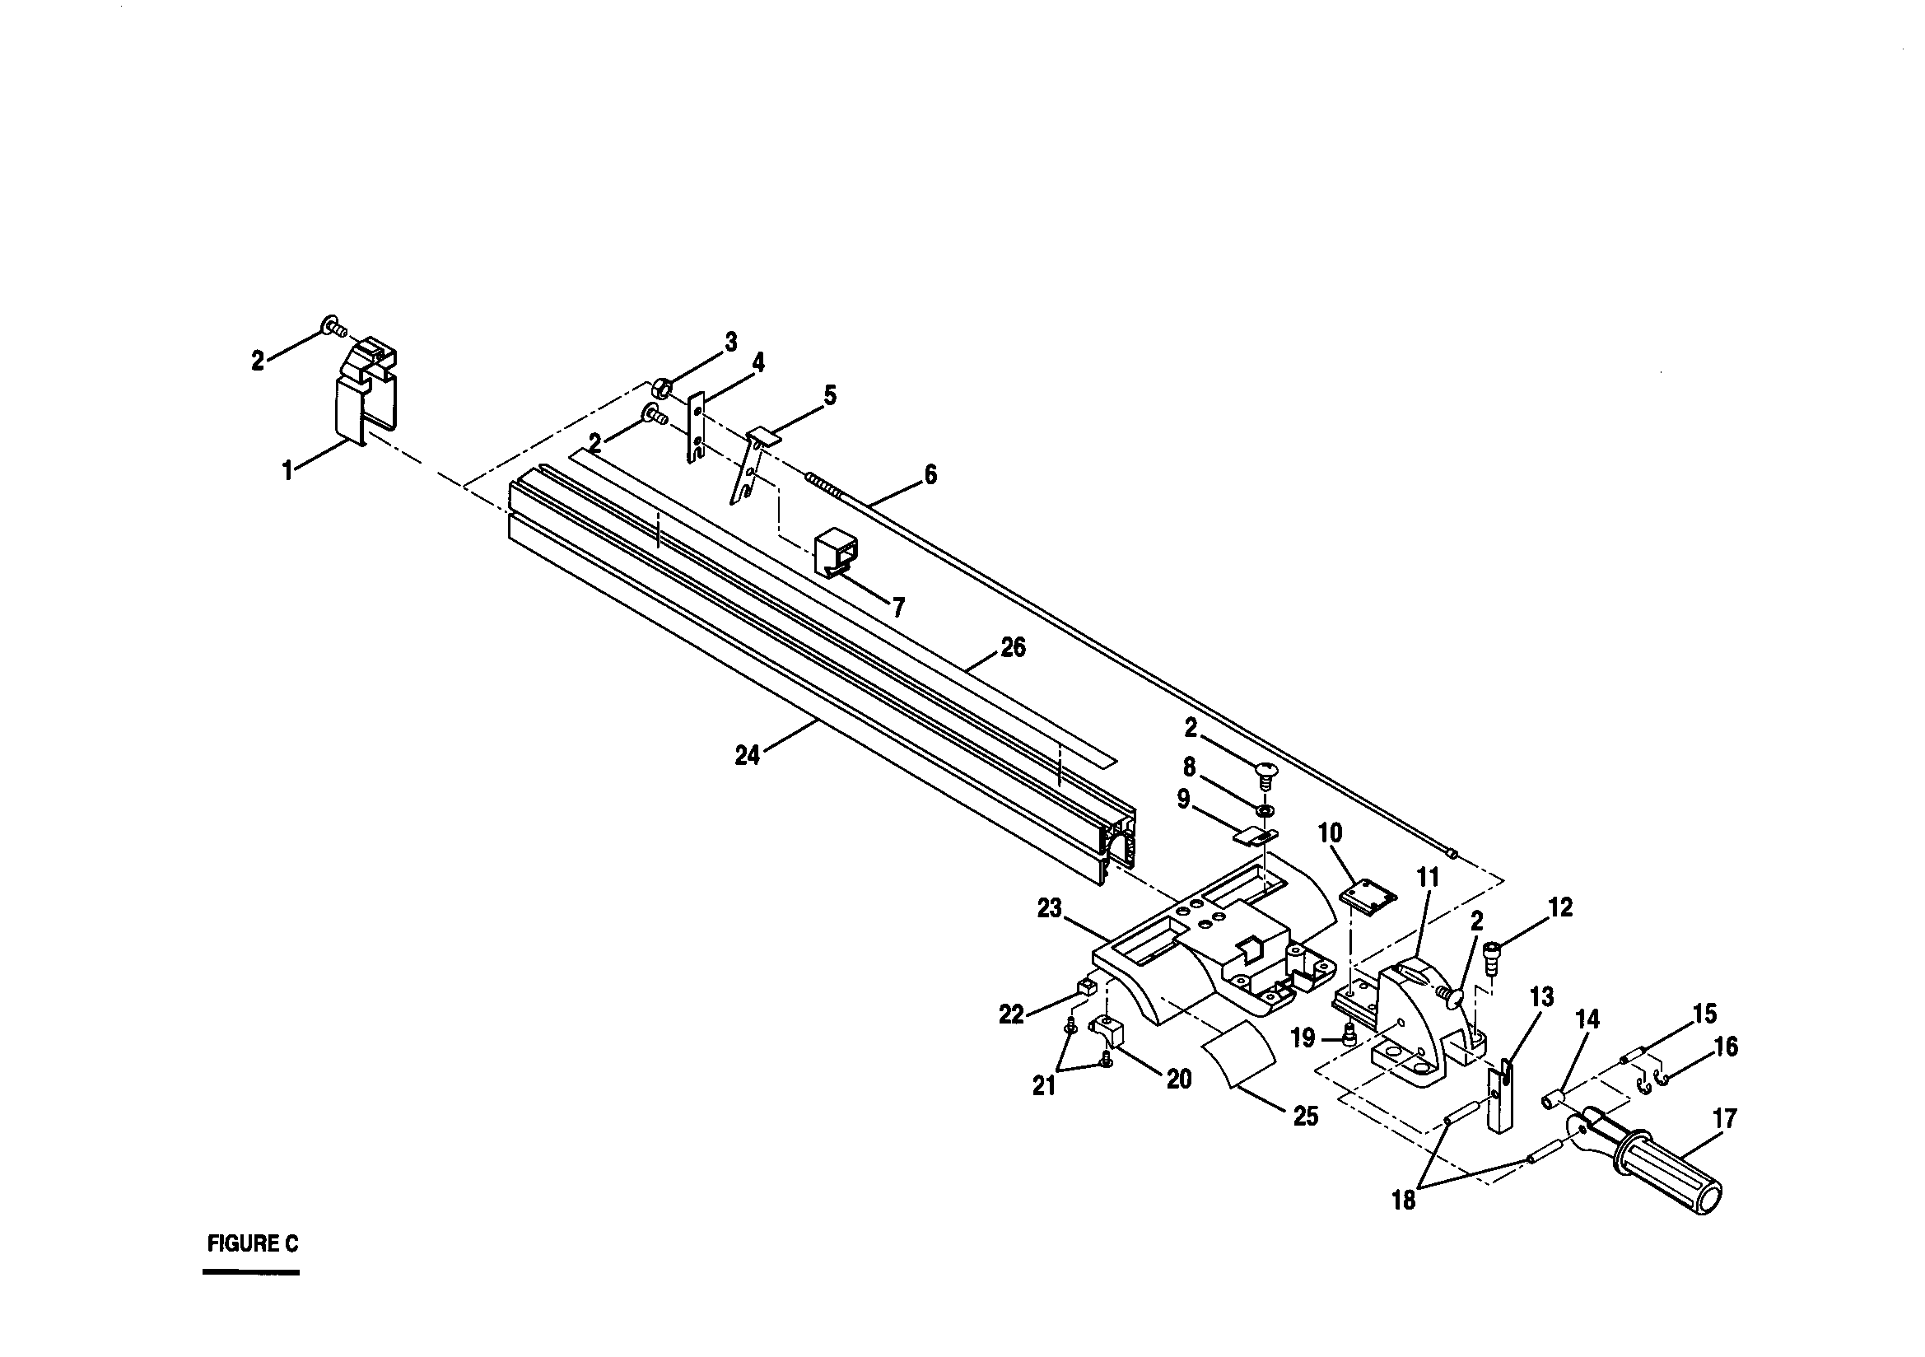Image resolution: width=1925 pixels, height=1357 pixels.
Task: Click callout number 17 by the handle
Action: tap(1725, 1119)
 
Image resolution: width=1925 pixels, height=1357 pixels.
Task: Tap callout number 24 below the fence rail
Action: tap(746, 756)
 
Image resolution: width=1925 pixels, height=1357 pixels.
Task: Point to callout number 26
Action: tap(1013, 648)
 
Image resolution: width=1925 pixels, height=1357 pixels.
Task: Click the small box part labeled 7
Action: tap(836, 555)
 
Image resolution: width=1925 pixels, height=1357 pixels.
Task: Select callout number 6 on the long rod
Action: tap(930, 474)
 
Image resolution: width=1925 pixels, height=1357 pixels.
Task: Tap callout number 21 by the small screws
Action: tap(1044, 1086)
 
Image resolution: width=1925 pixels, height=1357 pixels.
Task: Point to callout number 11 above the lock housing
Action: tap(1428, 878)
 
